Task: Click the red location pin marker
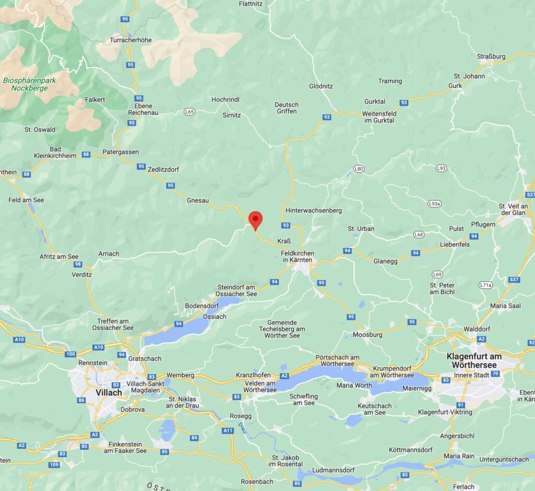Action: point(255,219)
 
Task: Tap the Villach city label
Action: point(109,392)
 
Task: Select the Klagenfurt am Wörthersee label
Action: point(474,360)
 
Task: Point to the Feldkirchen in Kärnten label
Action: point(297,256)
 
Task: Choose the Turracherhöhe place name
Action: point(131,40)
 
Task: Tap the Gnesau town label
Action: point(198,200)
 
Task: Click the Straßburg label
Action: point(491,56)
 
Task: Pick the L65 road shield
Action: point(189,112)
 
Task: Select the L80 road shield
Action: point(358,169)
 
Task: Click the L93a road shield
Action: point(435,203)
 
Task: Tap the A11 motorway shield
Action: point(228,430)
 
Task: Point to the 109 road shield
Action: point(54,464)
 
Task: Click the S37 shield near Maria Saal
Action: point(514,279)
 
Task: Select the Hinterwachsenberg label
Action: point(313,211)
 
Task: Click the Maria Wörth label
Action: point(354,385)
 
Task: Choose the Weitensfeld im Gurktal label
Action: point(380,117)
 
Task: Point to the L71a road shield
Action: point(486,285)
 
